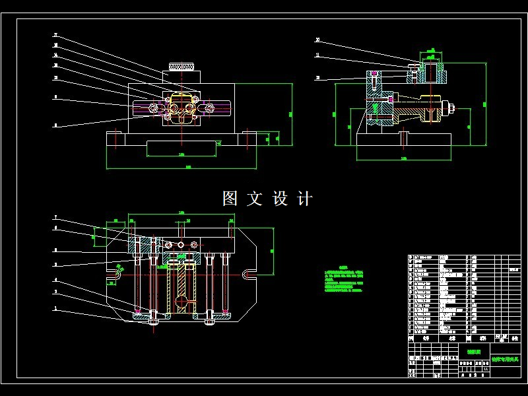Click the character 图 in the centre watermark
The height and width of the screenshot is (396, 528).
click(230, 198)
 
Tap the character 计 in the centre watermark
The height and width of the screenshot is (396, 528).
click(304, 198)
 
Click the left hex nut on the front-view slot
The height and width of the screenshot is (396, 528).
click(153, 108)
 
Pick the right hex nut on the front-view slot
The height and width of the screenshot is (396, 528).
click(209, 108)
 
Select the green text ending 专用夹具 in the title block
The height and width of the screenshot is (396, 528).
click(505, 360)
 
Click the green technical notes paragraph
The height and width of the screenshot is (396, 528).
click(344, 280)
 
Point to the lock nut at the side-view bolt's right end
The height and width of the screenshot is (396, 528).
click(453, 107)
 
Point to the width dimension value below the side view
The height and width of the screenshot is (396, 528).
click(404, 160)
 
